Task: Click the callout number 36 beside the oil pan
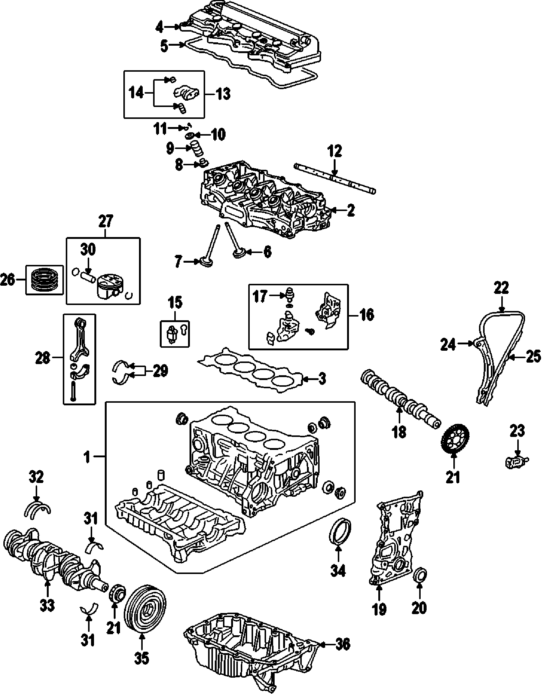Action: coord(342,645)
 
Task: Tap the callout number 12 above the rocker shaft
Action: coord(334,152)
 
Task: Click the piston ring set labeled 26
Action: coord(44,280)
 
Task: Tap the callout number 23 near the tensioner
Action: coord(517,431)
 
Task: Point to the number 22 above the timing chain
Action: coord(501,288)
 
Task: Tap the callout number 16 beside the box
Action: coord(367,315)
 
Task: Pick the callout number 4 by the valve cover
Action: coord(160,27)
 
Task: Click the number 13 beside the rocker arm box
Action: coord(223,94)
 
